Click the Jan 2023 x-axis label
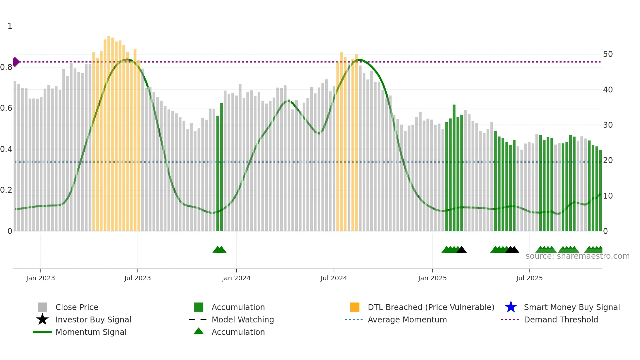40,278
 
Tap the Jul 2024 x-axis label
334,278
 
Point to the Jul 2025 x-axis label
529,278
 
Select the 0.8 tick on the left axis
6,67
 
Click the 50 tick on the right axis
608,54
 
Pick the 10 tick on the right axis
608,196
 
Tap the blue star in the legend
511,307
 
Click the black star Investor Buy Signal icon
42,319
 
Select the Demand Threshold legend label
561,319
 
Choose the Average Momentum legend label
407,319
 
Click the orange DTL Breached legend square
355,307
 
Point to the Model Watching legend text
243,319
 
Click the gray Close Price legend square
42,307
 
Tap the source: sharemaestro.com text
577,256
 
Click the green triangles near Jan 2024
219,250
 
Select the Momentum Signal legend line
42,332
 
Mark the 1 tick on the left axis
10,26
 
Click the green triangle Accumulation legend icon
199,332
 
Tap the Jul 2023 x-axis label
137,278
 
